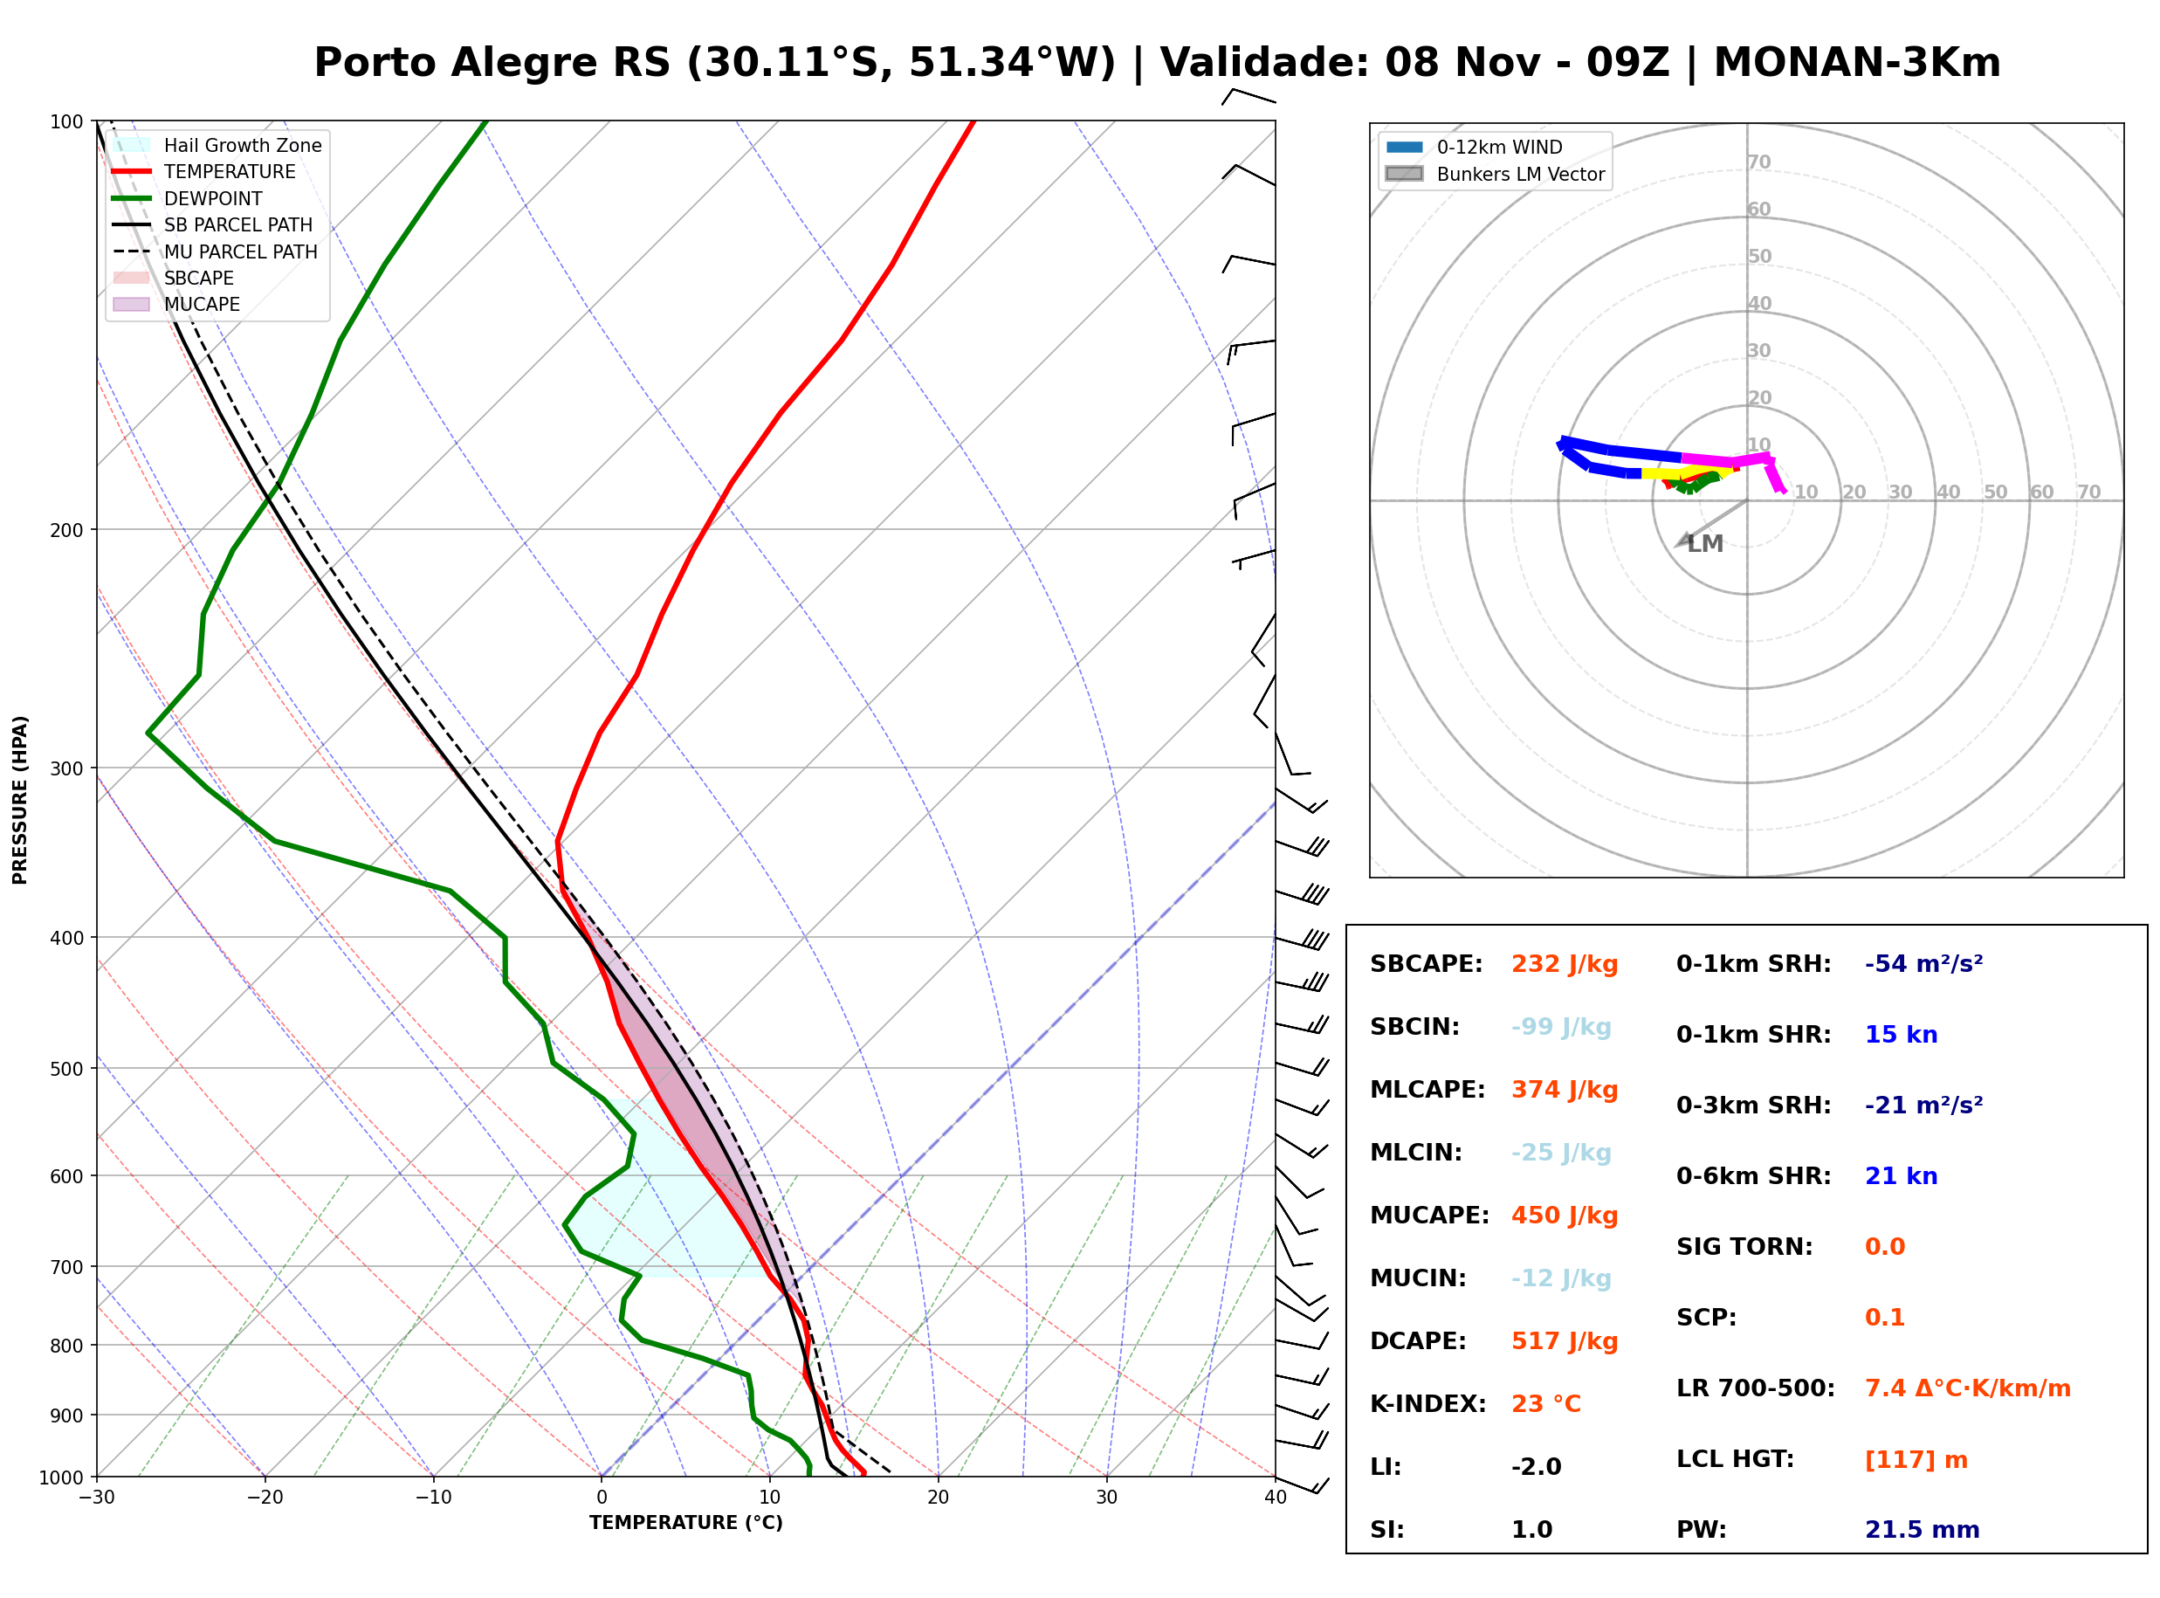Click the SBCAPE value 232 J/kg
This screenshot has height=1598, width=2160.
click(1565, 964)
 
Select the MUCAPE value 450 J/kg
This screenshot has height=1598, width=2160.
click(1565, 1216)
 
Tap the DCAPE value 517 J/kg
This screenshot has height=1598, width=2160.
click(1565, 1341)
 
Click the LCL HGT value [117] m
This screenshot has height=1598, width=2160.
click(1916, 1460)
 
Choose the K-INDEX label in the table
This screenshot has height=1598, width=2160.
click(1428, 1404)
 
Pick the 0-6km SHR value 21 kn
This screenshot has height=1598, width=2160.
click(1901, 1176)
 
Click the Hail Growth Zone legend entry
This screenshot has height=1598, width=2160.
click(217, 145)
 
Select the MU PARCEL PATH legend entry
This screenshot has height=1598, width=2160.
click(216, 251)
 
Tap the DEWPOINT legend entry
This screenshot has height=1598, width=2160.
click(188, 198)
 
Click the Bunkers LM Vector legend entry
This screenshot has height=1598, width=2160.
click(1495, 174)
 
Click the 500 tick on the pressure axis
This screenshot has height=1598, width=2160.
click(66, 1069)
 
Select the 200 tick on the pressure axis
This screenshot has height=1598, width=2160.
click(66, 530)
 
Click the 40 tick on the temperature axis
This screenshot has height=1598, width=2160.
click(1276, 1498)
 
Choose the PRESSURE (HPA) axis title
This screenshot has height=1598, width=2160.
click(20, 800)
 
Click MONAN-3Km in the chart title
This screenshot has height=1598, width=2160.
click(1856, 63)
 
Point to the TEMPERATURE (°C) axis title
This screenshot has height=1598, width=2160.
click(686, 1523)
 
